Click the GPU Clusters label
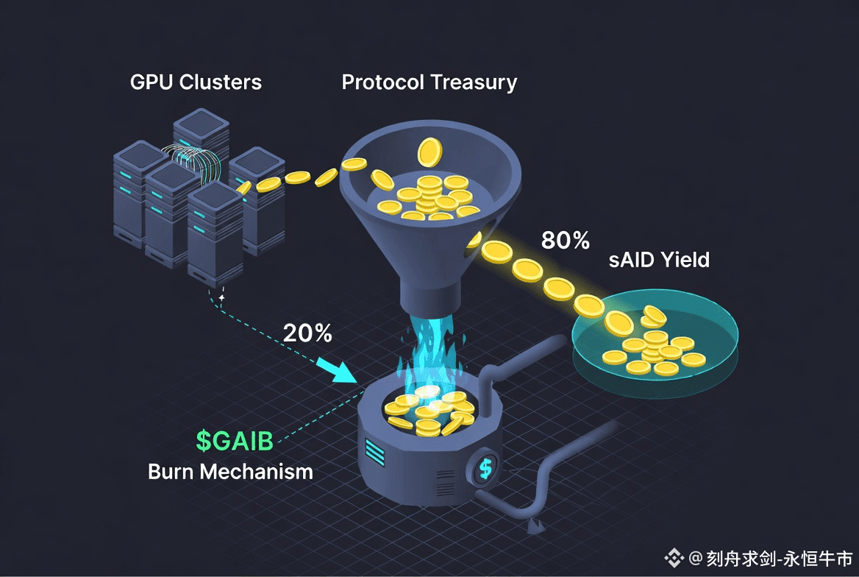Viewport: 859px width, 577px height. click(196, 82)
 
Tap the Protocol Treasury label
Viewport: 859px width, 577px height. click(429, 82)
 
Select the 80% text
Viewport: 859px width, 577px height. click(566, 240)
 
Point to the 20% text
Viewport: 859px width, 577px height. click(307, 333)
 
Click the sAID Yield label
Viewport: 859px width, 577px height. click(659, 259)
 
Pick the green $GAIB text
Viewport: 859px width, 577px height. click(235, 441)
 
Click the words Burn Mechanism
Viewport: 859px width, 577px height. click(230, 471)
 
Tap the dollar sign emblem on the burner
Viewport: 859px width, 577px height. click(485, 467)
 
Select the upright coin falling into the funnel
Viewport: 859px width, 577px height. click(428, 152)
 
